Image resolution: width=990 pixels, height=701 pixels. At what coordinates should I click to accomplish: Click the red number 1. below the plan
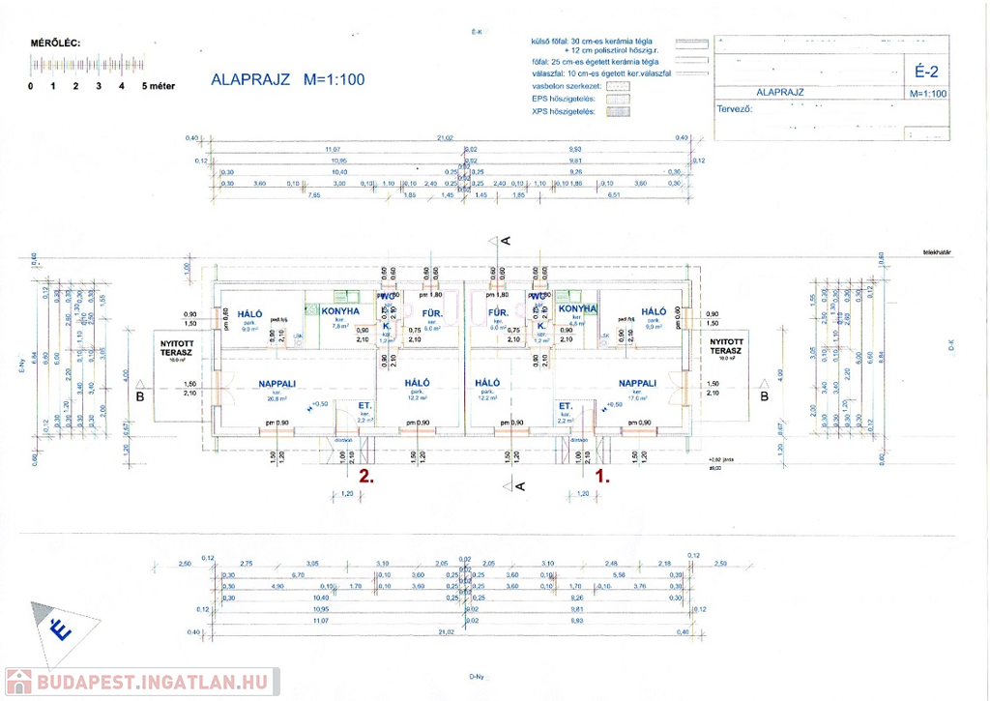[x=602, y=476]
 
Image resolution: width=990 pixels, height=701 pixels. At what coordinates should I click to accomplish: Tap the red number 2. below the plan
[x=365, y=476]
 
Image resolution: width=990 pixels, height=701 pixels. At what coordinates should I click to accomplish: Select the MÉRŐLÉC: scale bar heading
[x=56, y=44]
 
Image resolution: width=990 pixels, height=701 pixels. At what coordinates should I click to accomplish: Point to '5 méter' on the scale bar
[x=159, y=86]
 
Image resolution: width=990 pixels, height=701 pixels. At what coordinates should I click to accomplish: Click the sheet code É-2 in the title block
[x=926, y=70]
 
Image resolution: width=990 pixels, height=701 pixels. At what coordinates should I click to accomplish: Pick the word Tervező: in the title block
[x=734, y=108]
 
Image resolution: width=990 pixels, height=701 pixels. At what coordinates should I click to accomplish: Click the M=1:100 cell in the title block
[x=927, y=94]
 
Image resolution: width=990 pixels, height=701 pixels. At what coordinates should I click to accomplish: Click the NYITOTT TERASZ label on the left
[x=176, y=347]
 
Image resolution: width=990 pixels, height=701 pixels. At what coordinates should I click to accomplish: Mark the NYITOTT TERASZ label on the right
[x=726, y=347]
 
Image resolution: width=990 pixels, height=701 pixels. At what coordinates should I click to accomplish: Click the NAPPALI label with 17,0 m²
[x=638, y=383]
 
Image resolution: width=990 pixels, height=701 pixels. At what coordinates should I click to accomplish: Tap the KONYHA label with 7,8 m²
[x=339, y=311]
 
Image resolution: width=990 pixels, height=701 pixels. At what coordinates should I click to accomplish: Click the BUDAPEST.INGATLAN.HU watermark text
[x=155, y=683]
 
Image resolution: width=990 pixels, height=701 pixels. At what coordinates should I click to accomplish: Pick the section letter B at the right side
[x=764, y=395]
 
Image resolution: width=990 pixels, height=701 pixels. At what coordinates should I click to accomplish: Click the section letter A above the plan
[x=505, y=240]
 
